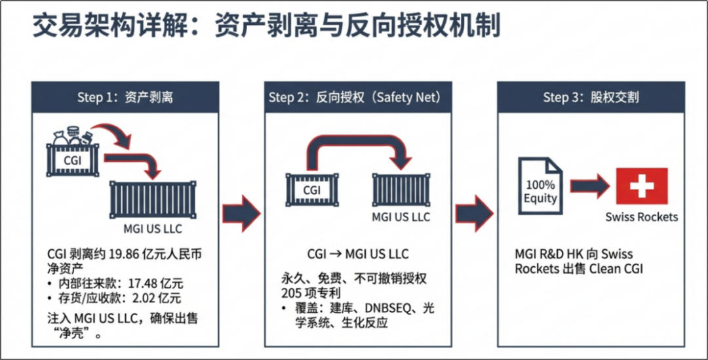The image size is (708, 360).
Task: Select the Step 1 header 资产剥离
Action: (x=125, y=98)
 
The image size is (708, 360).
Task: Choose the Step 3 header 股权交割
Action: (x=590, y=98)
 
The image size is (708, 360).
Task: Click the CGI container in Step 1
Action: (x=73, y=157)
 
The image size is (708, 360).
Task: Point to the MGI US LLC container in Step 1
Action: (x=153, y=201)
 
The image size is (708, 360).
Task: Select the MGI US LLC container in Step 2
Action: (x=401, y=190)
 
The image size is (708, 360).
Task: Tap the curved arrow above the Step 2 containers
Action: (x=357, y=146)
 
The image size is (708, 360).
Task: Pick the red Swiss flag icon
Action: (x=641, y=186)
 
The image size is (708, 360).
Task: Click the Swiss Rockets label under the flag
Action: (x=641, y=217)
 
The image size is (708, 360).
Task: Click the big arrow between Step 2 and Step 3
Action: (x=474, y=212)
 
